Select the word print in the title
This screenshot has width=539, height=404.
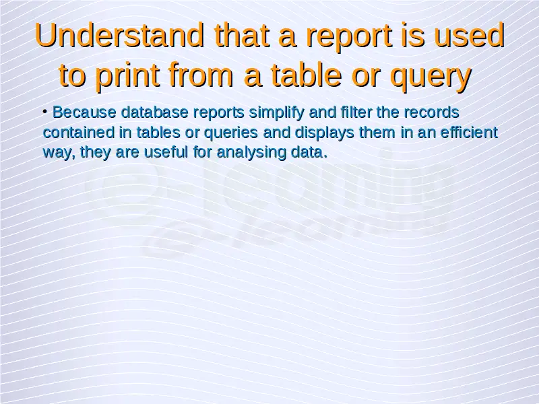(x=127, y=75)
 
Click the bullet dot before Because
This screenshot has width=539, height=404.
(x=45, y=111)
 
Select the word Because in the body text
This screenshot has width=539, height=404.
(x=84, y=112)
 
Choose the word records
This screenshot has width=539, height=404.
(x=431, y=112)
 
